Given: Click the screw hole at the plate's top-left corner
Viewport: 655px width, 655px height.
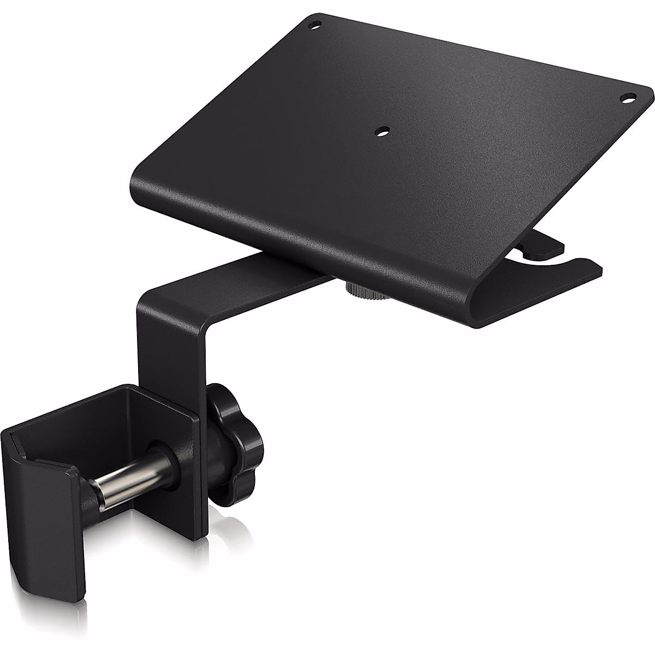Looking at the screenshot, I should [314, 25].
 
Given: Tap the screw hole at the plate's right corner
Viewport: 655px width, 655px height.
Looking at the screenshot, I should [626, 99].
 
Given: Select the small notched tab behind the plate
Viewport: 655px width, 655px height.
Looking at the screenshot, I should [540, 248].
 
